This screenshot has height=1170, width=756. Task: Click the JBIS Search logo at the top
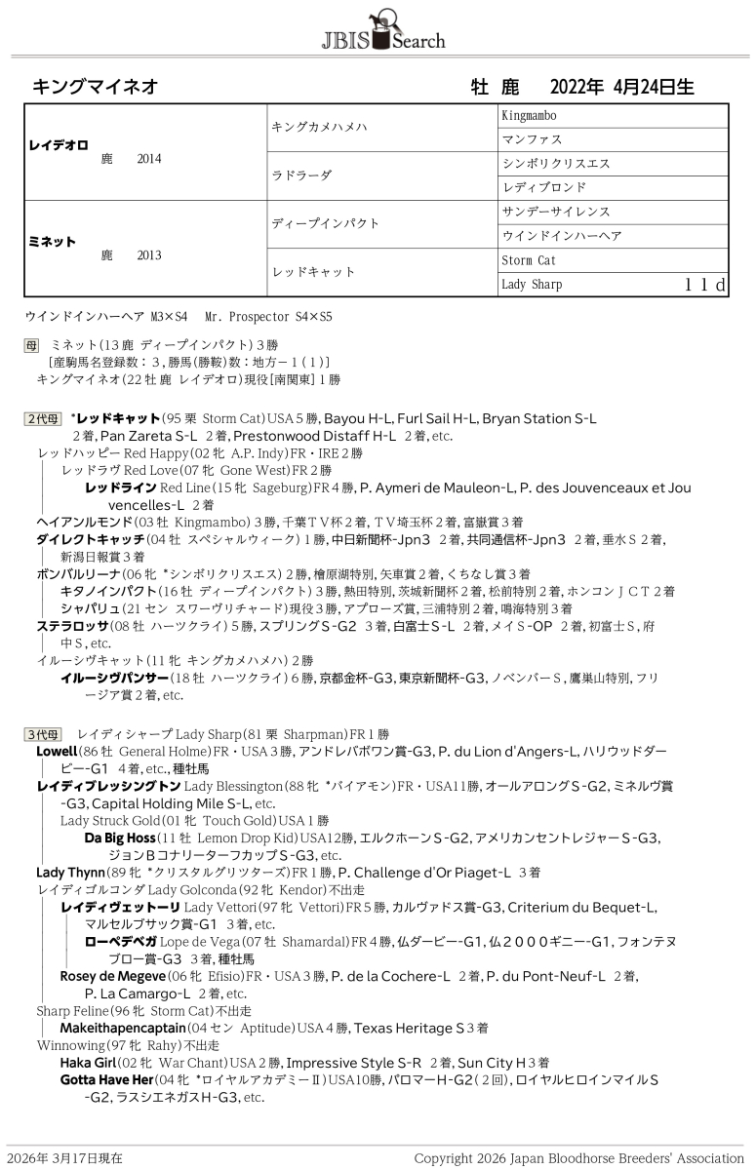382,29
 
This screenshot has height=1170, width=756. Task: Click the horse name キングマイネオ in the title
96,87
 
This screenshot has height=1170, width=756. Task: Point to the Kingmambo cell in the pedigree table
529,116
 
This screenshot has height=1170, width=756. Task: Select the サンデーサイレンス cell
555,212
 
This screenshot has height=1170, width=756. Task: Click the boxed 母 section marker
33,345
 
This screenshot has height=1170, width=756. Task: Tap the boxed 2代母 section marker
43,419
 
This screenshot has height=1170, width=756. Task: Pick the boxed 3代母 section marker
43,733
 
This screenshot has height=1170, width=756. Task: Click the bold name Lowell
56,752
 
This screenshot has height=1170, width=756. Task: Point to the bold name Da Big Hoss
119,838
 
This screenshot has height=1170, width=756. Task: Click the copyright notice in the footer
578,1158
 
